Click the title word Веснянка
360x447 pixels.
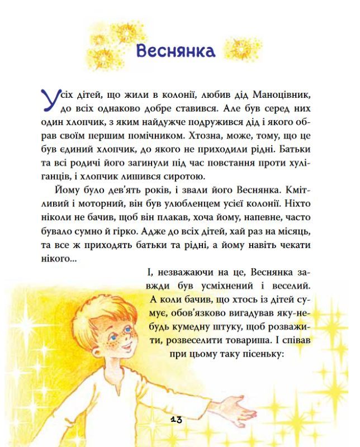pyautogui.click(x=176, y=51)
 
